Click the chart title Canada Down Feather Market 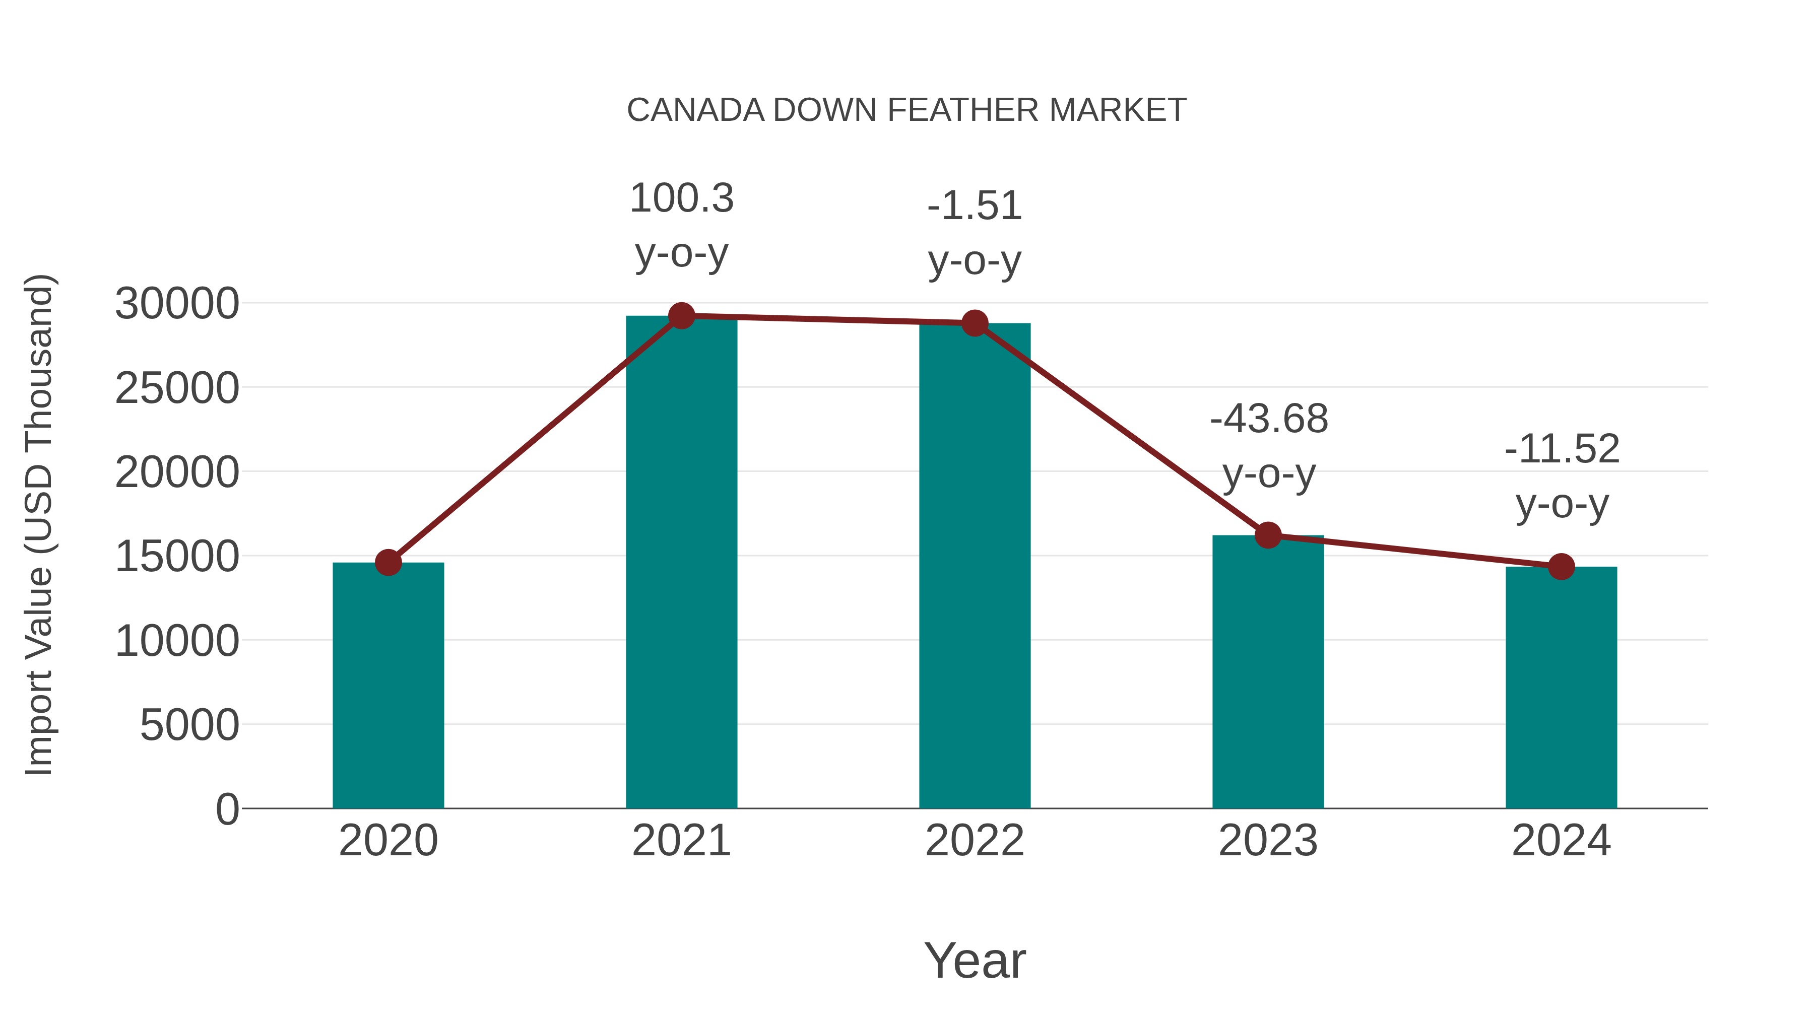pyautogui.click(x=906, y=110)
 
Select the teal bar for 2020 pyautogui.click(x=388, y=687)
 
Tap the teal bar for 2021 pyautogui.click(x=681, y=563)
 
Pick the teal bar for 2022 pyautogui.click(x=975, y=567)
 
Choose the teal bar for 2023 pyautogui.click(x=1268, y=672)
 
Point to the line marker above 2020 pyautogui.click(x=388, y=563)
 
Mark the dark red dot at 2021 pyautogui.click(x=681, y=316)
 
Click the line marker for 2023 pyautogui.click(x=1268, y=535)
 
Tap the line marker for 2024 pyautogui.click(x=1561, y=566)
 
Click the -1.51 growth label pyautogui.click(x=975, y=206)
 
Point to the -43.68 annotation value pyautogui.click(x=1268, y=419)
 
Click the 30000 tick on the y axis pyautogui.click(x=177, y=304)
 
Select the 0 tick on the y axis pyautogui.click(x=227, y=809)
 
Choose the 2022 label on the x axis pyautogui.click(x=975, y=841)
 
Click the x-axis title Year pyautogui.click(x=975, y=960)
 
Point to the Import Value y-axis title pyautogui.click(x=39, y=524)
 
